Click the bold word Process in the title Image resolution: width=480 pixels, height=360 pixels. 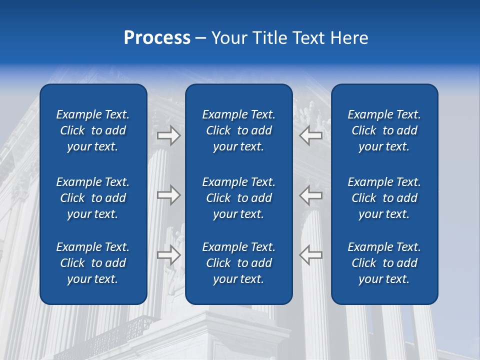click(x=157, y=38)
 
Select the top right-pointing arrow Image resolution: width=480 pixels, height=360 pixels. click(x=168, y=135)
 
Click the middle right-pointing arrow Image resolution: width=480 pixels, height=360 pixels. click(x=168, y=195)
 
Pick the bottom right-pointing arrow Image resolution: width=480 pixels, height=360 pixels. click(x=168, y=255)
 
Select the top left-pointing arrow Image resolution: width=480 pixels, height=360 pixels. click(x=311, y=135)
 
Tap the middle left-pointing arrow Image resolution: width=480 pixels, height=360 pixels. click(x=311, y=195)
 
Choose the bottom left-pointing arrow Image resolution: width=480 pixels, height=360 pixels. click(x=311, y=255)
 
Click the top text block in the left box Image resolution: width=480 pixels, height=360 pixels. click(x=93, y=130)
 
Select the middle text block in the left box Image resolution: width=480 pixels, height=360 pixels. click(x=93, y=198)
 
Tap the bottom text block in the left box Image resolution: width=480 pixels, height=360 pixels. click(x=93, y=263)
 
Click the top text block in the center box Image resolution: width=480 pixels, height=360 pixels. click(x=238, y=130)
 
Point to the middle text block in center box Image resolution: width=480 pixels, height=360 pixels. click(x=238, y=198)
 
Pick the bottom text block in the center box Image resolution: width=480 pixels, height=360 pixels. click(x=238, y=263)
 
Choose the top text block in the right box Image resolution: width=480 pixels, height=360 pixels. click(x=384, y=130)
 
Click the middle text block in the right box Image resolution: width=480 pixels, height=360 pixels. click(x=384, y=198)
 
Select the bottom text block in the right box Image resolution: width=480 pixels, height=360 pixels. click(x=384, y=263)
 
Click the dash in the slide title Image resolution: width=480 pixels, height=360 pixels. click(x=200, y=38)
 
